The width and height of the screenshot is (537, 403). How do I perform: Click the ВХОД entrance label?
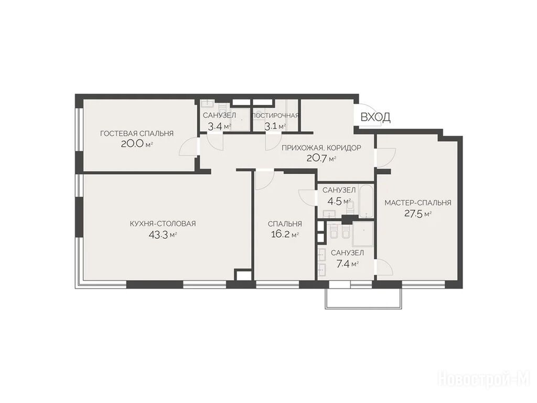(375, 117)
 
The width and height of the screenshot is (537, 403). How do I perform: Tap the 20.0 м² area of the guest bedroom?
(137, 144)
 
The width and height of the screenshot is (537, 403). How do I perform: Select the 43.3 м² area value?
(163, 235)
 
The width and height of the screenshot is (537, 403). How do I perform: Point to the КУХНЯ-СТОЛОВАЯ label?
(163, 224)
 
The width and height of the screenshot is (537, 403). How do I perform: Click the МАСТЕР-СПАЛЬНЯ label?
(418, 203)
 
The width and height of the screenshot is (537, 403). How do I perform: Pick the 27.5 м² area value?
(418, 214)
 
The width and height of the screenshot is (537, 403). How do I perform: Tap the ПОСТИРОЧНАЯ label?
(275, 115)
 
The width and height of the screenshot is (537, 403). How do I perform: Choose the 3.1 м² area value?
(275, 126)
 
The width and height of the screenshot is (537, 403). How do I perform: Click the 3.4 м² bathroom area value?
(220, 126)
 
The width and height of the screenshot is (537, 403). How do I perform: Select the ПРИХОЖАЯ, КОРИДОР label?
(321, 147)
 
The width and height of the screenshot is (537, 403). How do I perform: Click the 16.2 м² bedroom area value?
(285, 235)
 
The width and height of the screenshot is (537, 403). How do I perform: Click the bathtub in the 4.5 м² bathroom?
(366, 201)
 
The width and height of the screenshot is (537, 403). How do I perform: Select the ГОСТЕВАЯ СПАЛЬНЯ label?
(137, 133)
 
